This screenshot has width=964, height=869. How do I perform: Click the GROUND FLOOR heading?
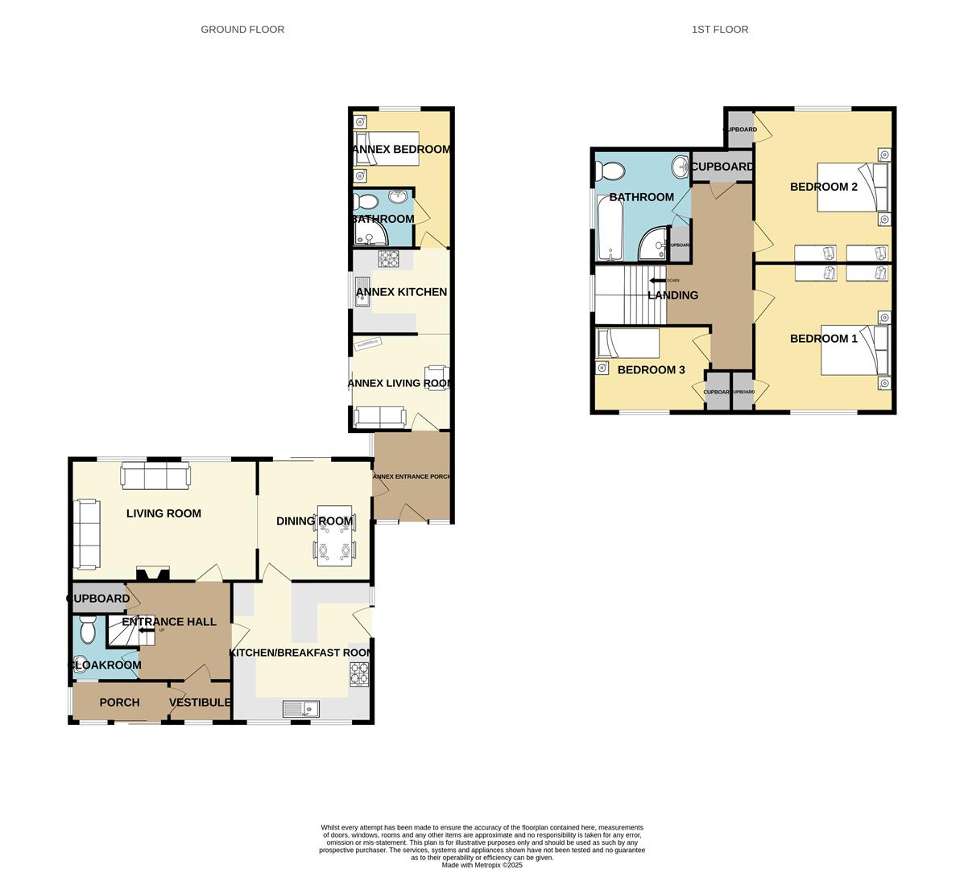point(242,29)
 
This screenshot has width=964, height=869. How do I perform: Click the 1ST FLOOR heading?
point(719,29)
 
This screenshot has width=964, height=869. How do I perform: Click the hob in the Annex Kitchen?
point(389,259)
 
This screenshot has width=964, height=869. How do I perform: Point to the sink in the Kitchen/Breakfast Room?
point(301,708)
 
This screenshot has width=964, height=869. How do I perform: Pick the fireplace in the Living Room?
point(152,575)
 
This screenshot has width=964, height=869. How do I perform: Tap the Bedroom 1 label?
point(823,338)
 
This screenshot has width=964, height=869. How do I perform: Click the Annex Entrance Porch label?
point(411,476)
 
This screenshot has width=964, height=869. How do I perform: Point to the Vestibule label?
point(200,702)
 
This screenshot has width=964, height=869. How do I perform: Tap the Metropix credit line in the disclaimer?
point(482,865)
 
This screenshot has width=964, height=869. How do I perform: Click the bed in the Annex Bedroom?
point(387,149)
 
